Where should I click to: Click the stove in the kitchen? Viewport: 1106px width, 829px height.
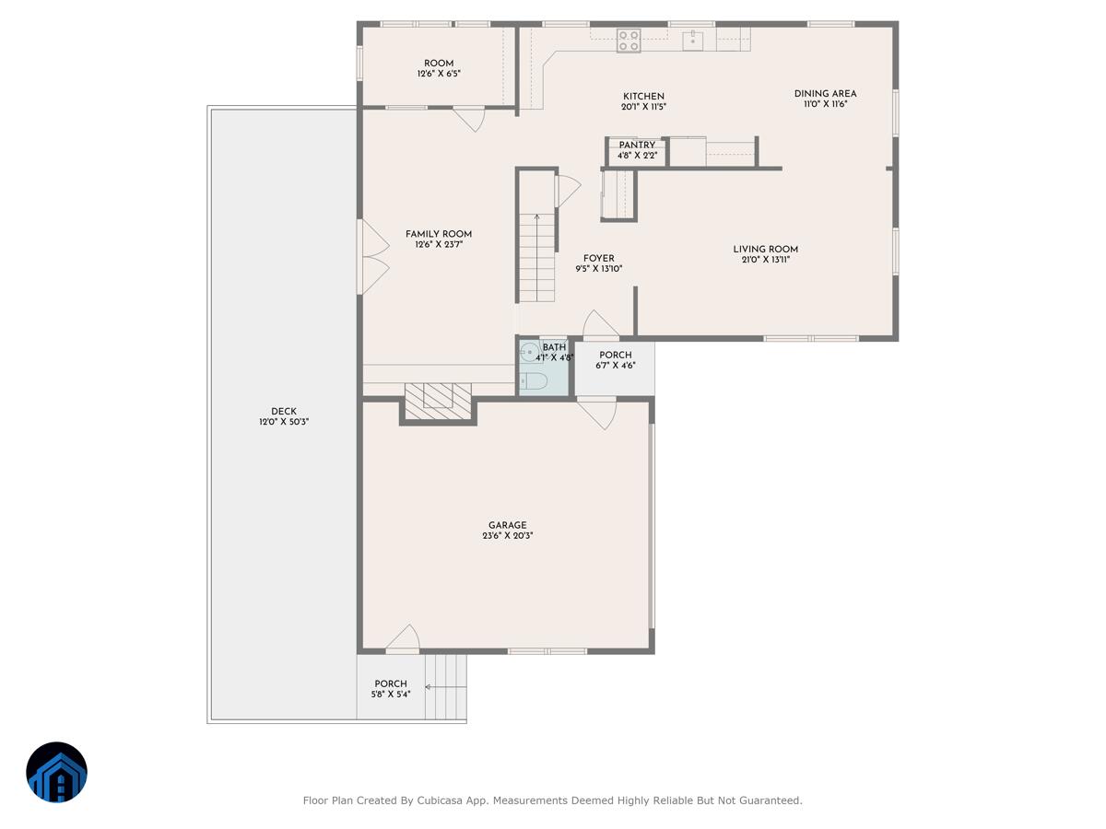pos(629,41)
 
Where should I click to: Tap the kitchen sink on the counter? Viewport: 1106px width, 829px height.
pos(693,40)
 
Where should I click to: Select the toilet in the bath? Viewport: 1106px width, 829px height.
pos(534,380)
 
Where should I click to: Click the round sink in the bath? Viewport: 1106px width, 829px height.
pos(530,352)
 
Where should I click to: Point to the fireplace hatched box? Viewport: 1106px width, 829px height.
pos(439,396)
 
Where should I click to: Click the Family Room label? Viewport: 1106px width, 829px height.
pos(439,234)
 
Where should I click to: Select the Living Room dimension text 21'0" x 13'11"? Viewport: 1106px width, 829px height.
pos(765,261)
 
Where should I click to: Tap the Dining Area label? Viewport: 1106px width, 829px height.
pos(825,93)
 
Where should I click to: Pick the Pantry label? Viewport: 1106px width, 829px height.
pos(637,145)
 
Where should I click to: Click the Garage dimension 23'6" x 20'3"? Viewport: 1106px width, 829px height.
pos(507,536)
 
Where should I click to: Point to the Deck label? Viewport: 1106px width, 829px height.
pos(284,412)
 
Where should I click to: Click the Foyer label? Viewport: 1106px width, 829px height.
pos(599,259)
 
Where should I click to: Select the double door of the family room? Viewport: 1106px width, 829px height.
pos(372,257)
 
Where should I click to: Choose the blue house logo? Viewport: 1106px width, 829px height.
pos(57,772)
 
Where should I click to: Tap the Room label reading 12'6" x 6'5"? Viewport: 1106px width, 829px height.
pos(439,73)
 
